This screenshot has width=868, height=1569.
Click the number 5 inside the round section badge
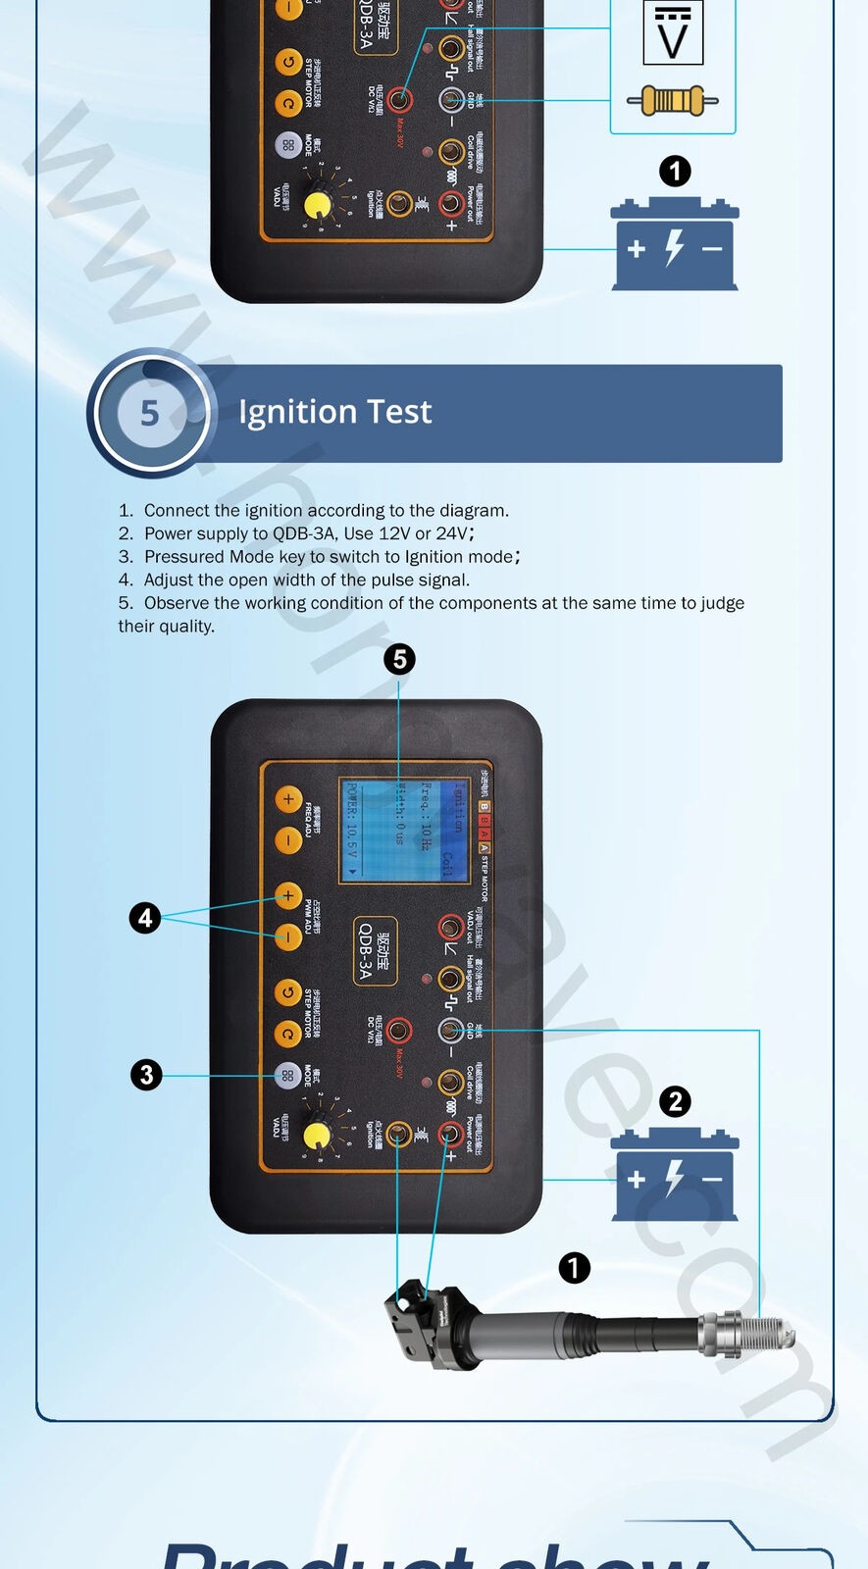150,413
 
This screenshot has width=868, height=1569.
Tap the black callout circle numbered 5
399,659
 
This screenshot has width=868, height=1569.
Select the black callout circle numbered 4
145,918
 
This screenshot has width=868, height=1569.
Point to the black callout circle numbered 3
146,1075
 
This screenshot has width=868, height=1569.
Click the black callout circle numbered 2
675,1102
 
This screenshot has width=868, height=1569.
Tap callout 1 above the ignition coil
575,1268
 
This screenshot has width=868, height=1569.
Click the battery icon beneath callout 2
675,1176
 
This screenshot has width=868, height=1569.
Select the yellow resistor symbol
673,100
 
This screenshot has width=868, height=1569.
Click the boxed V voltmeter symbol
673,34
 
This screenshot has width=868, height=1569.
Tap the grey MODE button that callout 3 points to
287,1076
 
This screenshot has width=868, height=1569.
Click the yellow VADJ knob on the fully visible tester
317,1136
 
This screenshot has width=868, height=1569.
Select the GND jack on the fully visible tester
450,1030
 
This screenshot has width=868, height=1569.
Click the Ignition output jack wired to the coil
398,1135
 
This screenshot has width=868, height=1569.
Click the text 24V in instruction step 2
452,533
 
